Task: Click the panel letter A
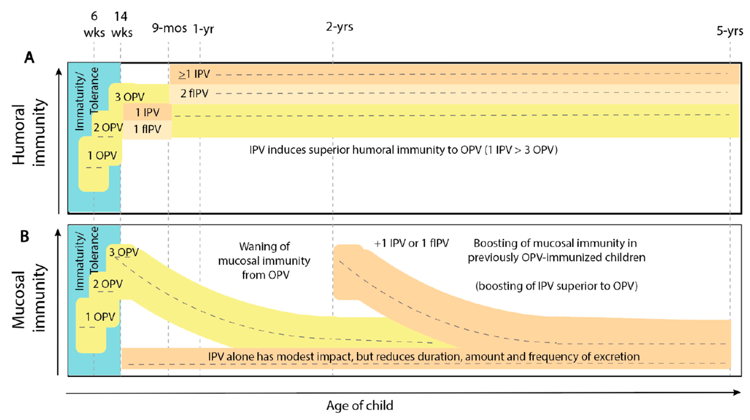coord(29,57)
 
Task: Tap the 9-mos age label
coord(169,28)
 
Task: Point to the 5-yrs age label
coord(730,31)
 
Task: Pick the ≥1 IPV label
coord(194,74)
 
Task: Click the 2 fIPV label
coord(194,94)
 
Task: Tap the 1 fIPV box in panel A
coord(147,129)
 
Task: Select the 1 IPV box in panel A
coord(148,112)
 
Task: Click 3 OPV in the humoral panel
coord(130,97)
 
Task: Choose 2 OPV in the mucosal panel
coord(108,284)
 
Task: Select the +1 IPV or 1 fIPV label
coord(411,243)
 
